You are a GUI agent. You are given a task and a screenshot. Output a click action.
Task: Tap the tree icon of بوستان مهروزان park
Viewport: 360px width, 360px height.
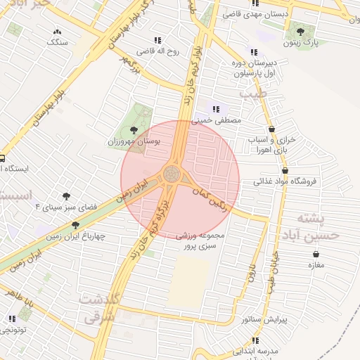134,129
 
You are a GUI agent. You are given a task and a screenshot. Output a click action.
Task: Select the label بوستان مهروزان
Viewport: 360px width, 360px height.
134,141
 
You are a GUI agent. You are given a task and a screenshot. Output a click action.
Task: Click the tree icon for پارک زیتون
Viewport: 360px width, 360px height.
301,32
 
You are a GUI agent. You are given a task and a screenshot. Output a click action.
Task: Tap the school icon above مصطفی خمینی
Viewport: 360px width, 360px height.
216,109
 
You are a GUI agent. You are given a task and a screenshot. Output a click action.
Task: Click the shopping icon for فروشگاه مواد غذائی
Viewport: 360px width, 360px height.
285,170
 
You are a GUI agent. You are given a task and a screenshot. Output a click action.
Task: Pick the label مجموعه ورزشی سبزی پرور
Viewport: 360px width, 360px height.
202,240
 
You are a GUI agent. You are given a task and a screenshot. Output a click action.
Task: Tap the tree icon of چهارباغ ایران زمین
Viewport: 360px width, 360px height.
75,225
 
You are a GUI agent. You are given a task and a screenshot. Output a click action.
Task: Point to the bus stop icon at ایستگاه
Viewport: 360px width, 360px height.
2,158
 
